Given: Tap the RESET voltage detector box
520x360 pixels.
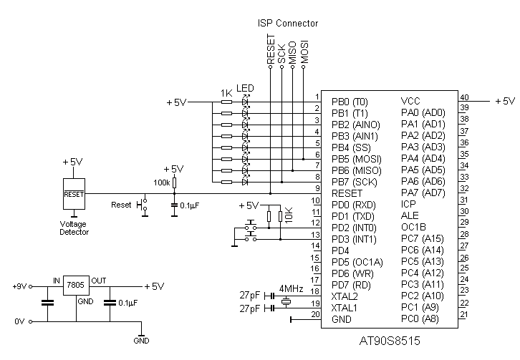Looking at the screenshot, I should pos(74,193).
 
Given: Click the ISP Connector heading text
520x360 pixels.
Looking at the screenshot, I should pos(287,24).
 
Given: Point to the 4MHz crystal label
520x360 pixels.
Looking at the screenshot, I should pos(292,288).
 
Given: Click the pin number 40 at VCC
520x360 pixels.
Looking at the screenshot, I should pos(464,97).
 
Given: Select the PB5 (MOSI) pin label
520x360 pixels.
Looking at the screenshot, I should pos(356,158).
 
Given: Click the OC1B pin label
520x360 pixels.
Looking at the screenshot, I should pos(413,227).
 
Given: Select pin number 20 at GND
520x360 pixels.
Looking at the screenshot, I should pos(315,314).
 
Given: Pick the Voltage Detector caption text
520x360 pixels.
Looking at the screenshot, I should pos(74,228).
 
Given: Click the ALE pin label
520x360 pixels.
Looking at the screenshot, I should pos(410,215).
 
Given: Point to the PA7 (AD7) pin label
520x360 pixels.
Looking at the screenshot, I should pos(423,193).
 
